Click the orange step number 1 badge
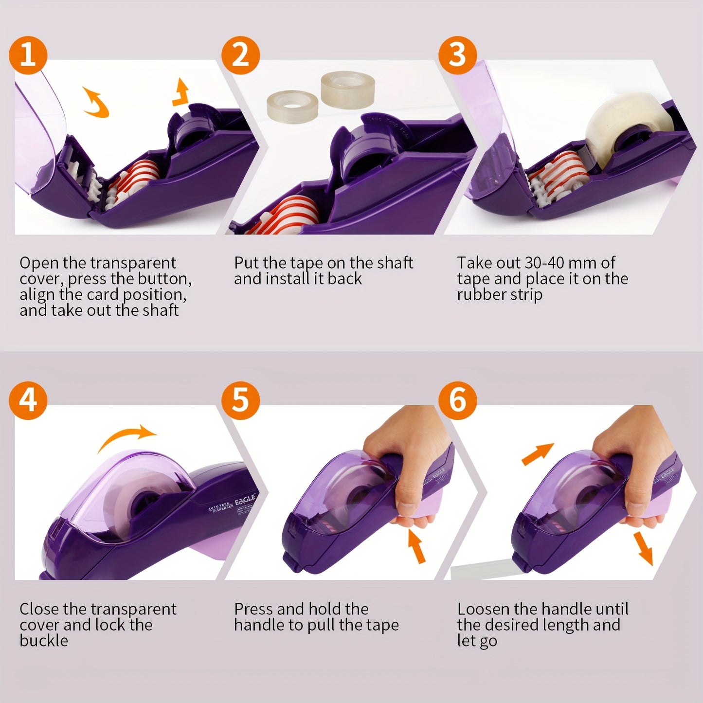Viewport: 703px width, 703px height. tap(28, 54)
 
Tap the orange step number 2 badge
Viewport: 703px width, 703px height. tap(240, 54)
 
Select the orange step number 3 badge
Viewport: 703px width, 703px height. tap(457, 54)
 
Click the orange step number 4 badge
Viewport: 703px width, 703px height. tap(28, 400)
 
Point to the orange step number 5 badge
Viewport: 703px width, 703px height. tap(240, 400)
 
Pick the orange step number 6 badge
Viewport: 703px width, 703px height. tap(457, 400)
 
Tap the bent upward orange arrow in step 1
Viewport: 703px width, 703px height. tap(180, 92)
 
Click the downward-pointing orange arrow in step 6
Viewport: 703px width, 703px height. tap(644, 548)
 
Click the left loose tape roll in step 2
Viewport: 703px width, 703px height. tap(292, 103)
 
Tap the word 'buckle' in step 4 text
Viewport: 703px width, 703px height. tap(44, 641)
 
